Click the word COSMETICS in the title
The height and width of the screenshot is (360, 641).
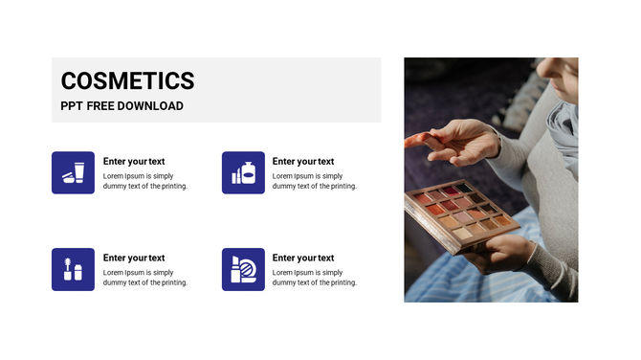pos(127,81)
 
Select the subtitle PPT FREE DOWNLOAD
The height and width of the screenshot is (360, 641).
pos(122,106)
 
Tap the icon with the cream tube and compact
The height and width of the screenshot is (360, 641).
pos(73,172)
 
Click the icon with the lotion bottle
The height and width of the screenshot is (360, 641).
pos(243,172)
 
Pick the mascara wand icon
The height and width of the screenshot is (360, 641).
pos(73,269)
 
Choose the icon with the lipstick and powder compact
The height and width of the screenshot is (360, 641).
pos(243,269)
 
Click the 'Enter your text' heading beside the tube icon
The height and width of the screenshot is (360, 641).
pos(134,162)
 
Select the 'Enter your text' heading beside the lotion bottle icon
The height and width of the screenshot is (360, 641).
pos(303,162)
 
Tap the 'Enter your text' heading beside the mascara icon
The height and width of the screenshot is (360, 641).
pos(134,258)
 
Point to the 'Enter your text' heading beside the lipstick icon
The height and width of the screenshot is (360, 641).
pos(303,258)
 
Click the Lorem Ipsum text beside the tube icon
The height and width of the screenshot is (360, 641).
pos(145,181)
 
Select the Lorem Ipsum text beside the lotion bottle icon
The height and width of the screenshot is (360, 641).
pos(315,181)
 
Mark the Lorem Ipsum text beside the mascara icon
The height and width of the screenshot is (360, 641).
pos(145,278)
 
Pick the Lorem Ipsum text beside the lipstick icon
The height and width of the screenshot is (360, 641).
pos(315,278)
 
